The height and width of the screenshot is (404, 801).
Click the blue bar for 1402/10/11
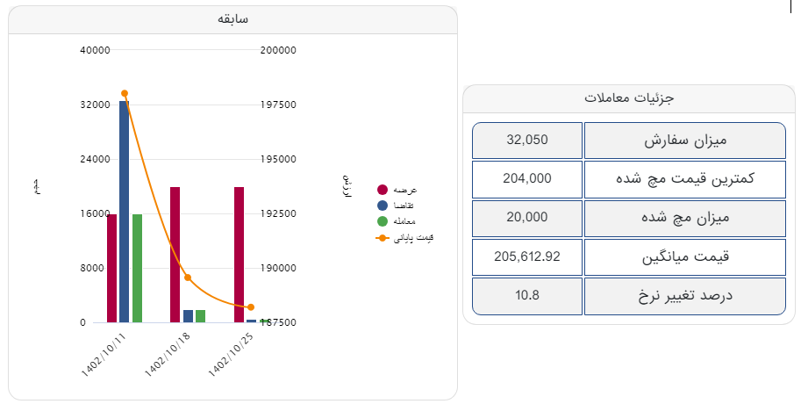[125, 211]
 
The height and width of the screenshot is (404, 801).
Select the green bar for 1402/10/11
[137, 268]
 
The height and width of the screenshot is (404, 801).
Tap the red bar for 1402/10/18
[175, 255]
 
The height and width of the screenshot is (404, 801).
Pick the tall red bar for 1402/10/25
[239, 255]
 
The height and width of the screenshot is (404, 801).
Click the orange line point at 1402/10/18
[188, 278]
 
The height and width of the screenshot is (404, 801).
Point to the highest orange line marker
[125, 93]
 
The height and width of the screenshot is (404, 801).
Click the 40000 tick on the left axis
[95, 50]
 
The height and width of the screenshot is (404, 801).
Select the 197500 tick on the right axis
[279, 105]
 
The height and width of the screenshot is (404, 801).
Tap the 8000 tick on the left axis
[97, 268]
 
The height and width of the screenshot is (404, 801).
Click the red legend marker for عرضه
[383, 190]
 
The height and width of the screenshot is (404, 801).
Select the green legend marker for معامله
[383, 220]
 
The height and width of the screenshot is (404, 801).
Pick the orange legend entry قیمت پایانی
[404, 237]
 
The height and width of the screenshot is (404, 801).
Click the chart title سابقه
[233, 19]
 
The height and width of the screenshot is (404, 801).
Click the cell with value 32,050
[527, 141]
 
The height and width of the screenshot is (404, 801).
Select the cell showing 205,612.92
[527, 256]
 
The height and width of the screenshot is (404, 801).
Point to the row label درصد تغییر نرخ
[684, 296]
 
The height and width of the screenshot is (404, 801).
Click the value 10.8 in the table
[527, 295]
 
